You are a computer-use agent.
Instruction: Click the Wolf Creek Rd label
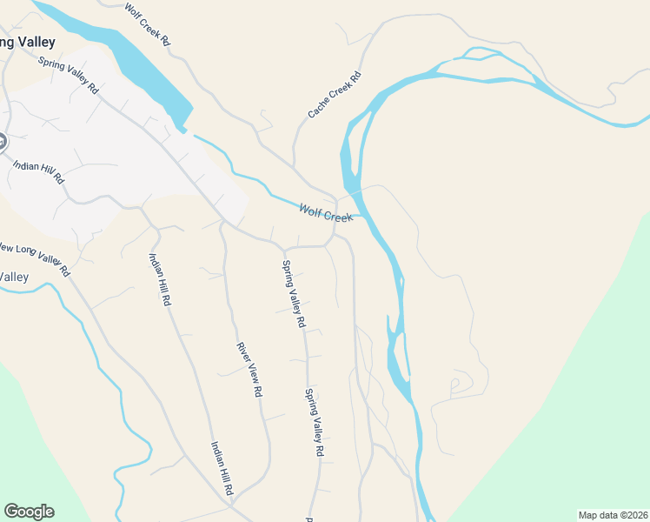[149, 24]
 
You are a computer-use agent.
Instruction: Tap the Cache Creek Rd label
[334, 95]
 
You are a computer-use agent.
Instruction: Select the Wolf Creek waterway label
[326, 212]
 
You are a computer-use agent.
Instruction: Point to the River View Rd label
[249, 370]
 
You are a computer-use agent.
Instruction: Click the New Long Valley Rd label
[33, 254]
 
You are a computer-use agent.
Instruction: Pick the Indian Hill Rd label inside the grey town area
[38, 166]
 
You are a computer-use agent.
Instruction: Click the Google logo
[29, 512]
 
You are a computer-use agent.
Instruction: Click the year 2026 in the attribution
[635, 514]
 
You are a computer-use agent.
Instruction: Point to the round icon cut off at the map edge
[3, 141]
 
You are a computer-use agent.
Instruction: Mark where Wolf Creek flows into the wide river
[359, 215]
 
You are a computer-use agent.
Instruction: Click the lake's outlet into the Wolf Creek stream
[183, 131]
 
